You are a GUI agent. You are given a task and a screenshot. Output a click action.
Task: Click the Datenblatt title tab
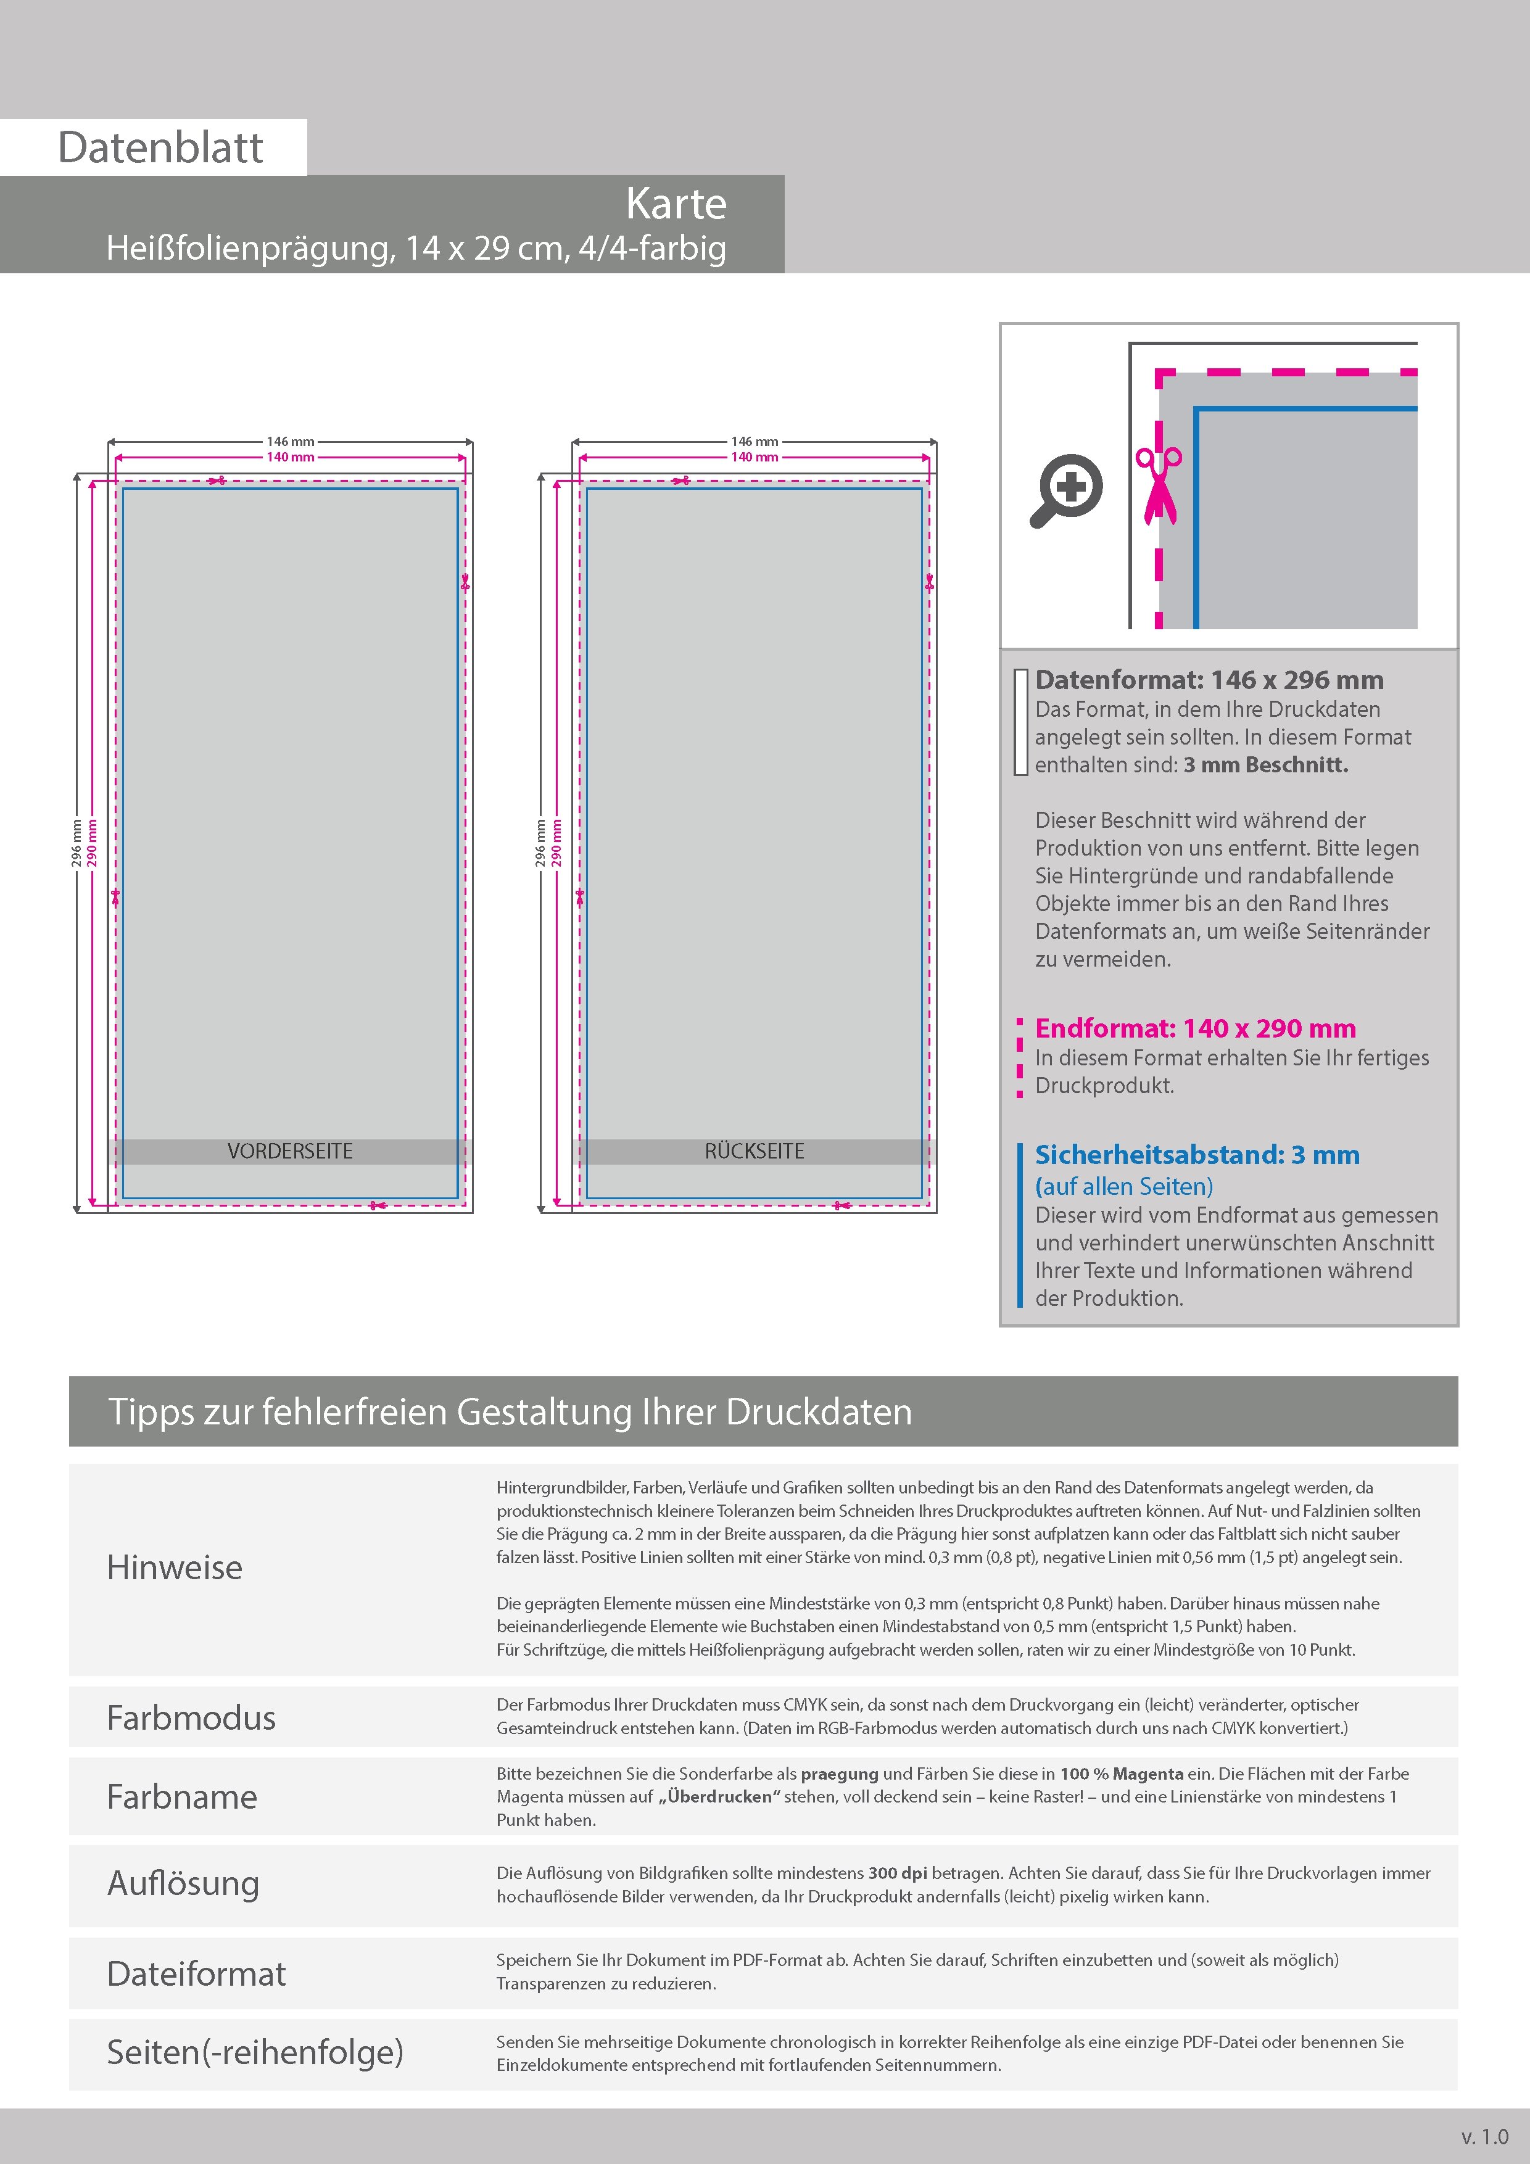click(160, 147)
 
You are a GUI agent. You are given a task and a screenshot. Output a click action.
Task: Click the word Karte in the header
click(676, 204)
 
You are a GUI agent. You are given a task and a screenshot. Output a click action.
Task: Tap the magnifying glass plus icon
click(1066, 490)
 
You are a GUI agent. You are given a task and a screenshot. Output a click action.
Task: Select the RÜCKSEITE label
click(754, 1151)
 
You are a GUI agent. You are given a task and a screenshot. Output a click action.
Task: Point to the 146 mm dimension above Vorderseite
click(291, 441)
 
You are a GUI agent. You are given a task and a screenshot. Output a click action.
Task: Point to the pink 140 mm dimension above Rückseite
click(754, 457)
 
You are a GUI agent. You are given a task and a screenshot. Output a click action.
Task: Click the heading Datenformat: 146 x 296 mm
click(1209, 680)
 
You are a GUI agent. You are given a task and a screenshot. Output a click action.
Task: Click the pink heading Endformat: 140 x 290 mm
click(1194, 1028)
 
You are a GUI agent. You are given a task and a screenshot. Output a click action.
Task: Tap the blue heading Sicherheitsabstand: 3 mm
click(1196, 1155)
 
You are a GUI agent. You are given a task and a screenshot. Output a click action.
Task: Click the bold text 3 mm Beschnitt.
click(1265, 766)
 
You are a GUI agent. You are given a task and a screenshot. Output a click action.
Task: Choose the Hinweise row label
click(175, 1567)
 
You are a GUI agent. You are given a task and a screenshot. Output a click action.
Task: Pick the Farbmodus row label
click(191, 1717)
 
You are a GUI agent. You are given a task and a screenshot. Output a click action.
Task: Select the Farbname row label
click(182, 1796)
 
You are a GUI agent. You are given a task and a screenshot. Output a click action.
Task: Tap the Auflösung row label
click(183, 1883)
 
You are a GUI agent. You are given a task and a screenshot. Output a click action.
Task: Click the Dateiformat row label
click(196, 1973)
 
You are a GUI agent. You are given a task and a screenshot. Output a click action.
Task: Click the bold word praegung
click(839, 1774)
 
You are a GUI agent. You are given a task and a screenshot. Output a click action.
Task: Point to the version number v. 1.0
click(1485, 2137)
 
